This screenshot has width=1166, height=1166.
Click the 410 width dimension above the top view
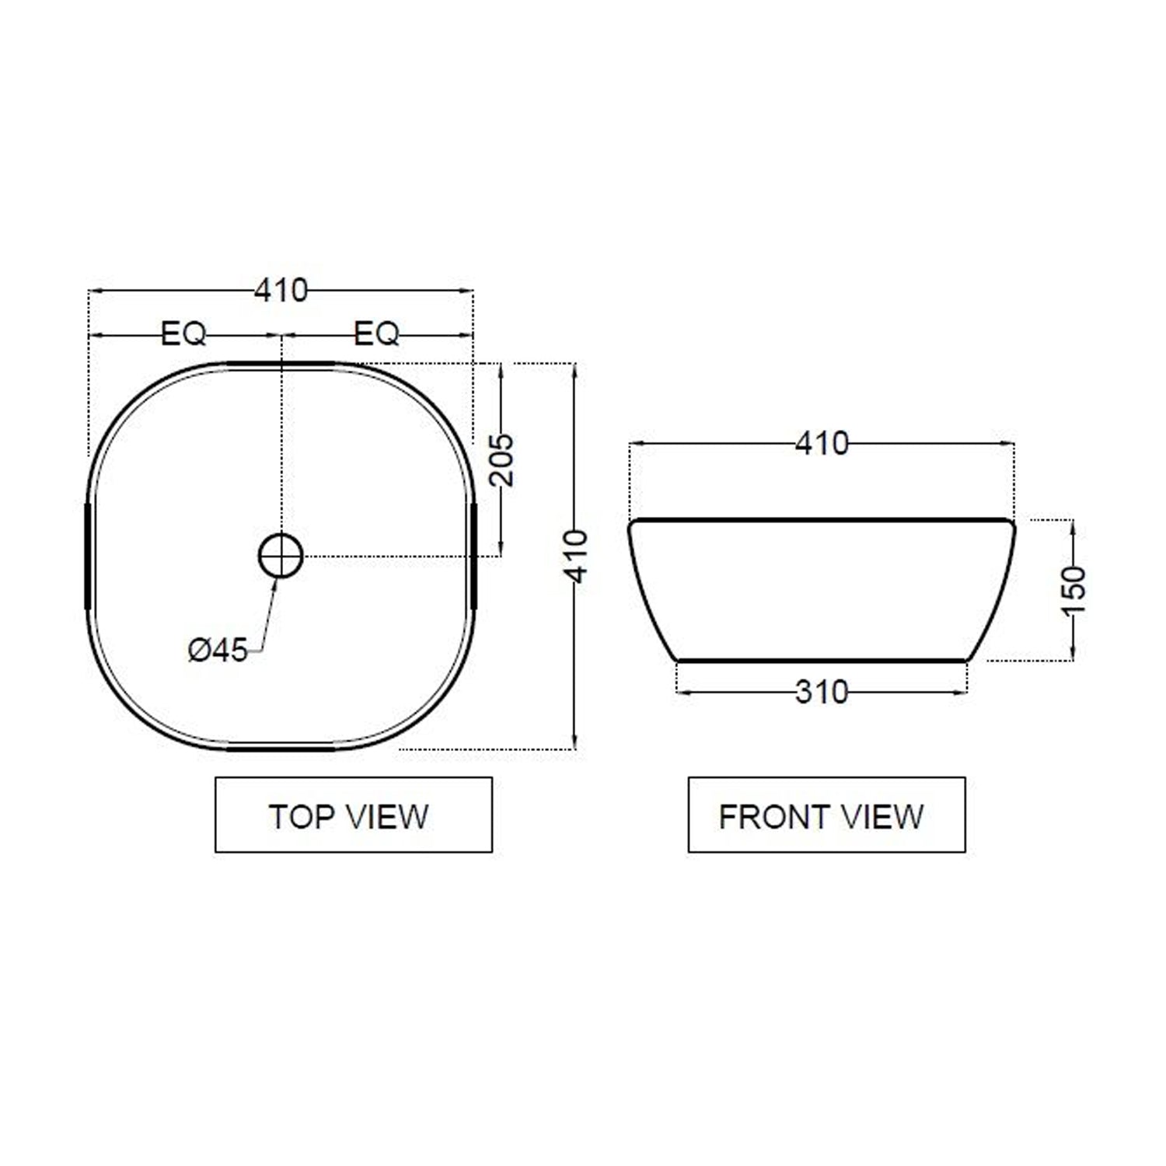tap(281, 291)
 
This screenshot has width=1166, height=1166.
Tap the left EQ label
tap(184, 335)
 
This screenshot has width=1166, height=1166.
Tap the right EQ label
tap(376, 335)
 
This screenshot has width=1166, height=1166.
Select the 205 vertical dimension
tap(503, 459)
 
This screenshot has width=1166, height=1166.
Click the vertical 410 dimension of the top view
tap(576, 557)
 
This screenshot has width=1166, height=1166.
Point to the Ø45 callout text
tap(218, 650)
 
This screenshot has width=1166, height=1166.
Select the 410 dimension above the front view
tap(822, 444)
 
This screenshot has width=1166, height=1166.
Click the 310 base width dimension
tap(822, 691)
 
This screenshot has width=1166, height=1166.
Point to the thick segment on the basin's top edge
tap(281, 363)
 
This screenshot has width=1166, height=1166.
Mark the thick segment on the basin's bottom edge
tap(281, 749)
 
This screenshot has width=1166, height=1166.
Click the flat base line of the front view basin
tap(822, 661)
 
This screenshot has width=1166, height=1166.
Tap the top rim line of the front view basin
tap(822, 519)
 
